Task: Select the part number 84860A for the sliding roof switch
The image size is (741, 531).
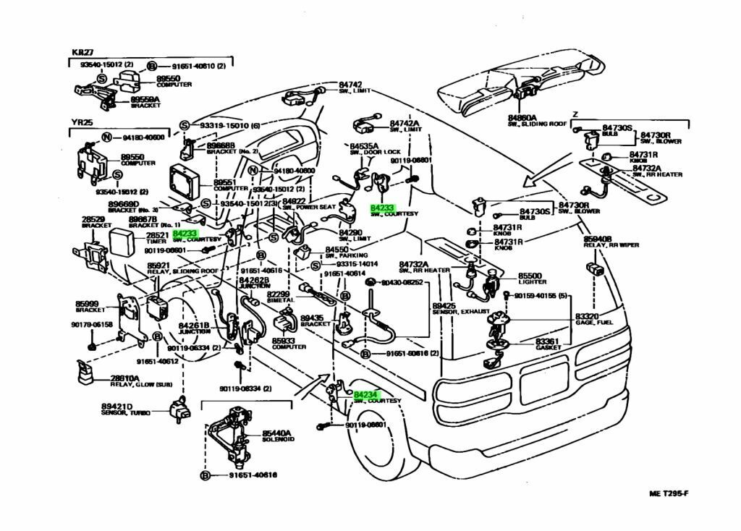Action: (522, 117)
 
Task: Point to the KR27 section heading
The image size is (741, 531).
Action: (81, 54)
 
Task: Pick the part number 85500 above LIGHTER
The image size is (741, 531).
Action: (529, 276)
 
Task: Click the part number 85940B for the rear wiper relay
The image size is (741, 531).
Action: (598, 238)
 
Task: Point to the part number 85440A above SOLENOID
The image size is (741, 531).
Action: (276, 433)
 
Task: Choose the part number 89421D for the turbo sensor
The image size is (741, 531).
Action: (117, 407)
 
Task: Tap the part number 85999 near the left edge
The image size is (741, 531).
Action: (87, 303)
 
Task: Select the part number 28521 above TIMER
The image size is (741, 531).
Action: (158, 236)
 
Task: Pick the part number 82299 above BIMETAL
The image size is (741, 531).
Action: (278, 294)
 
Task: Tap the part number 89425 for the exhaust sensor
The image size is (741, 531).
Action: (444, 306)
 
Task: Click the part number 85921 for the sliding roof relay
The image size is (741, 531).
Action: (159, 265)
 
